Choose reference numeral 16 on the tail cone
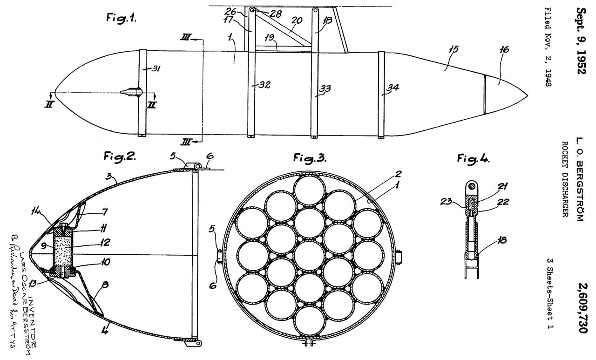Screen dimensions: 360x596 coord(504,49)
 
